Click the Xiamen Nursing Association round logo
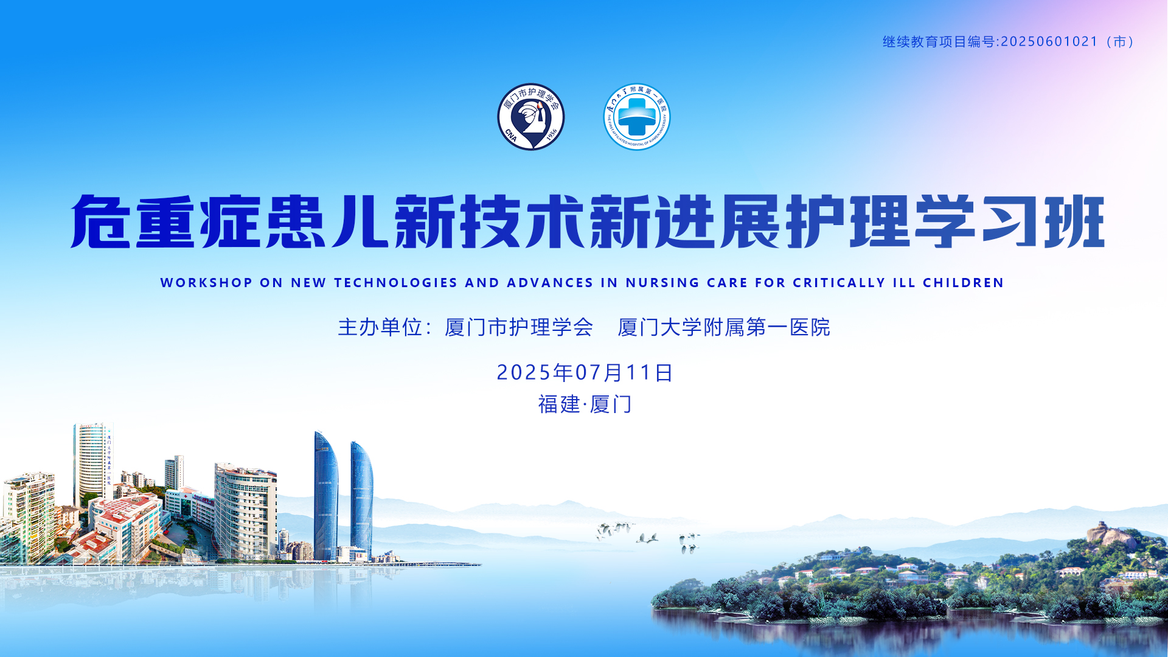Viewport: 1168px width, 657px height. pos(531,116)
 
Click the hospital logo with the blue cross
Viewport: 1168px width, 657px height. pos(637,116)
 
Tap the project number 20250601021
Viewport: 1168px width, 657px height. pos(1049,41)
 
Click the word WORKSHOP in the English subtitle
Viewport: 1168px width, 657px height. pos(207,283)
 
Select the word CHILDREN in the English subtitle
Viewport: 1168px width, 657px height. pos(963,283)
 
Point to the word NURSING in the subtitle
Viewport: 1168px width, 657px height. pos(662,283)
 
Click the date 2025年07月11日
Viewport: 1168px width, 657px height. pos(585,372)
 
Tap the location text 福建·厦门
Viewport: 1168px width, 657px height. pos(585,404)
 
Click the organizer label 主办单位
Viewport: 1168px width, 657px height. pos(380,327)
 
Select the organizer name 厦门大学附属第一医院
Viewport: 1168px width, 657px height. pos(724,327)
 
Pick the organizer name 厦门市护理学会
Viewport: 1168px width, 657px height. pos(519,327)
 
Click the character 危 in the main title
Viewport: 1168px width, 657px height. pos(101,221)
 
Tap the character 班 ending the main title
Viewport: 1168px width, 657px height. pos(1074,221)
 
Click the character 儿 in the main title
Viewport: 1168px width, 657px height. pos(360,221)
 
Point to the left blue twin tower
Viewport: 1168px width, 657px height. pos(326,496)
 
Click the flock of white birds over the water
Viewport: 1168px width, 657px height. pos(648,537)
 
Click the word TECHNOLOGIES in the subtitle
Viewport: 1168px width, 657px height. pos(395,283)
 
